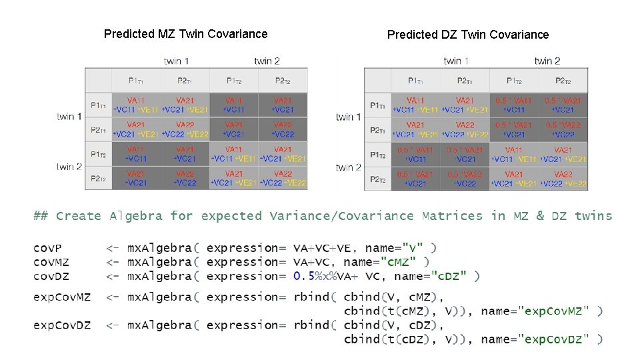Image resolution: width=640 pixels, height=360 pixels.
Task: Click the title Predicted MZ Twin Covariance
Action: coord(185,34)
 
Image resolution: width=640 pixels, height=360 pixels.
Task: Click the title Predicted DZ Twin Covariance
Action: coord(468,35)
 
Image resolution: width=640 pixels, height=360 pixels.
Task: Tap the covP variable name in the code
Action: coord(48,248)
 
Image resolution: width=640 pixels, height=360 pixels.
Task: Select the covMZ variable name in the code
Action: coord(51,262)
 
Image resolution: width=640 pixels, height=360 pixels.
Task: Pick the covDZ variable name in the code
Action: coord(51,276)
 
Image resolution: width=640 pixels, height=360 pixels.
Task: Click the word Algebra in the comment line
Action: coord(137,216)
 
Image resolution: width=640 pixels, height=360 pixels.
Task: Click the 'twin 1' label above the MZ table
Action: coord(176,61)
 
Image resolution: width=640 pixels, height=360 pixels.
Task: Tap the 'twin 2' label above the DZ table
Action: coord(547,61)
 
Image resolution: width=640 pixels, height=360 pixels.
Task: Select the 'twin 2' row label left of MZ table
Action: coord(69,167)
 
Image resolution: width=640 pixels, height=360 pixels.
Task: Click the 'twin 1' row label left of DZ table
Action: coord(349,117)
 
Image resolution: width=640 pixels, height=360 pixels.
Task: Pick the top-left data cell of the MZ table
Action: coord(135,105)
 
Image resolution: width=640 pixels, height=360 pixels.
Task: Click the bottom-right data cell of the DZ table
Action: coord(563,179)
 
